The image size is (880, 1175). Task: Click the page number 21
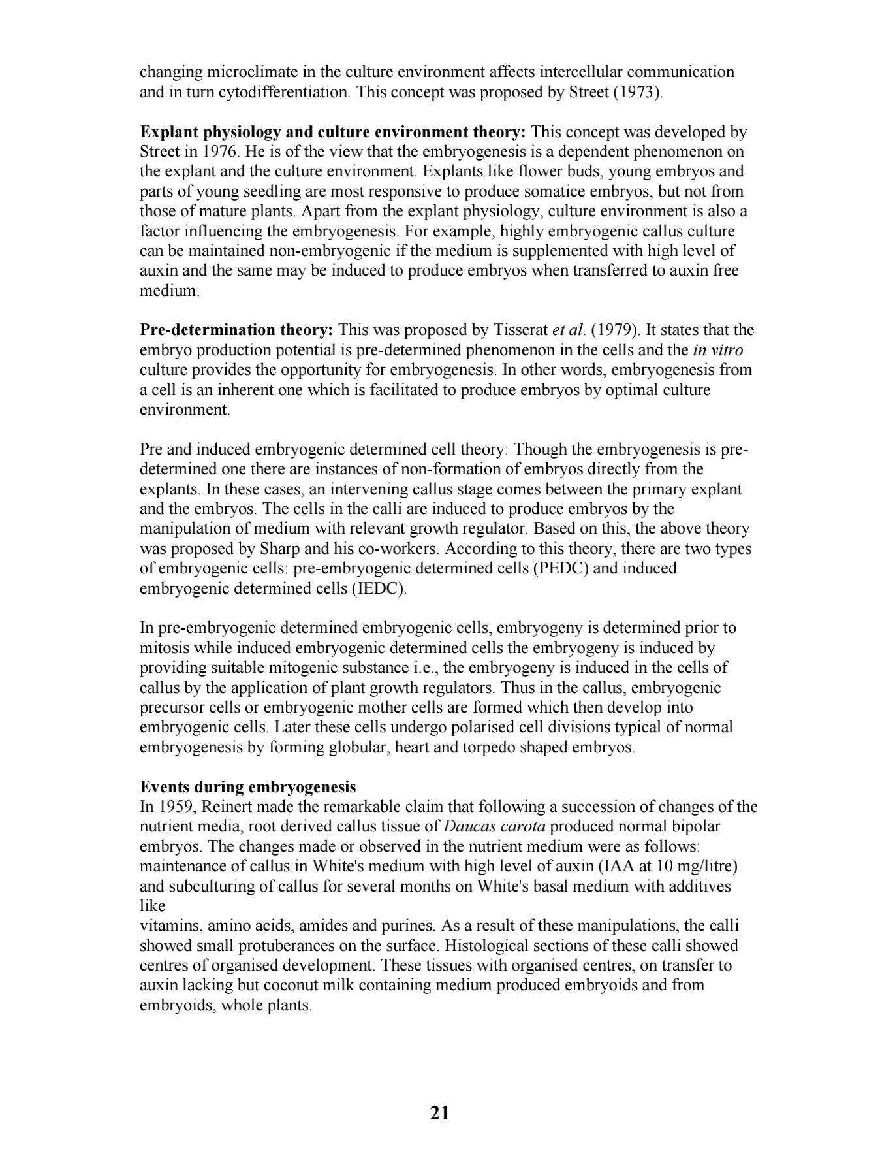click(x=439, y=1113)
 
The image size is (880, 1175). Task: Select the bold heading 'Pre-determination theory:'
click(x=237, y=330)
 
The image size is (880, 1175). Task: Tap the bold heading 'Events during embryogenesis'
click(x=248, y=786)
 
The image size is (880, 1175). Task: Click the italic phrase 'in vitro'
click(x=717, y=350)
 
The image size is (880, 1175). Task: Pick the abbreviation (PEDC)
click(x=561, y=568)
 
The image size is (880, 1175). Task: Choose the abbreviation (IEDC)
click(x=379, y=588)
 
